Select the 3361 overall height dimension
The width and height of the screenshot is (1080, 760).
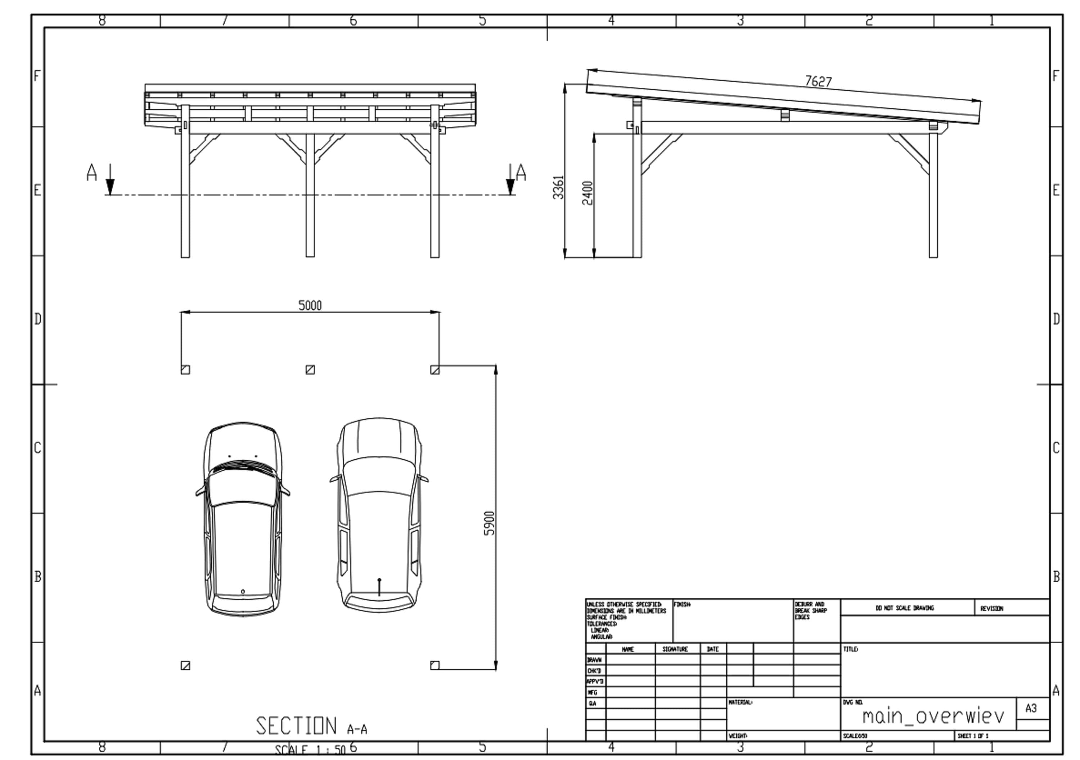pyautogui.click(x=558, y=187)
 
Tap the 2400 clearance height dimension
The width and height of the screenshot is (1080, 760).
pyautogui.click(x=588, y=193)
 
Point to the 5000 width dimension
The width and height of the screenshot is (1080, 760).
pyautogui.click(x=310, y=305)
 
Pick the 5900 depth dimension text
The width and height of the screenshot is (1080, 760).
pyautogui.click(x=489, y=523)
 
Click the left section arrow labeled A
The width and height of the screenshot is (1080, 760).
pyautogui.click(x=109, y=179)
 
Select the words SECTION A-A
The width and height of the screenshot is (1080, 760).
pyautogui.click(x=311, y=726)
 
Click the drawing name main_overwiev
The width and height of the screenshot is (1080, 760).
pyautogui.click(x=933, y=716)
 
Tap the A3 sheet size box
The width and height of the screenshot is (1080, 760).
pyautogui.click(x=1031, y=708)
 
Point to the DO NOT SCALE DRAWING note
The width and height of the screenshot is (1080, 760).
pyautogui.click(x=905, y=608)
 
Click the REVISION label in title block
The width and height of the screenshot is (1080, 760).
pyautogui.click(x=991, y=608)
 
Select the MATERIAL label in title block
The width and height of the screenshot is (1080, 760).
pyautogui.click(x=741, y=702)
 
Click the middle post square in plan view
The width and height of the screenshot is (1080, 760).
pyautogui.click(x=310, y=370)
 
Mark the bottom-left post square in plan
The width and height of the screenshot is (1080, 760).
pyautogui.click(x=185, y=665)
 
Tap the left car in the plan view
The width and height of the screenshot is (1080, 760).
pyautogui.click(x=243, y=519)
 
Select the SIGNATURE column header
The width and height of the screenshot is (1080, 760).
pyautogui.click(x=675, y=649)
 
